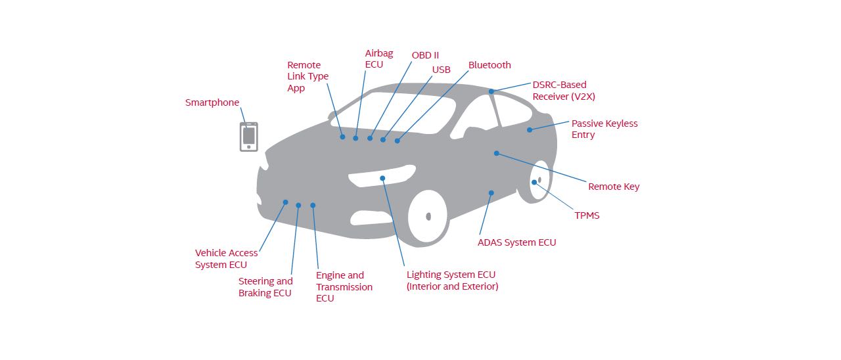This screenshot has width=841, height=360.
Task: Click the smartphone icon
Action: point(248,137)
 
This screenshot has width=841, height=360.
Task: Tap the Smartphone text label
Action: point(212,102)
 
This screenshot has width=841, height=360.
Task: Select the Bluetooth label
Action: point(489,65)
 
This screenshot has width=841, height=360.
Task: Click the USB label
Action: point(442,70)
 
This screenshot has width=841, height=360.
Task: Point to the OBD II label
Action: point(425,55)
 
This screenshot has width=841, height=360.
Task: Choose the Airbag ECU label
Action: point(379,58)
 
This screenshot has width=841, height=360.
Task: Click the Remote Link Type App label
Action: point(307,76)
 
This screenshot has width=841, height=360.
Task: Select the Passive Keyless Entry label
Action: point(604,129)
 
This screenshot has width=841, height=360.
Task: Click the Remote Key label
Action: point(614,187)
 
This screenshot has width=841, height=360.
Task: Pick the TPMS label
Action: point(587,215)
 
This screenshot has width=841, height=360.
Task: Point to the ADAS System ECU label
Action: point(516,242)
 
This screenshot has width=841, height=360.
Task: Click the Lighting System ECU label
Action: point(452,281)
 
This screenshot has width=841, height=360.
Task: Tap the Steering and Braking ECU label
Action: point(265,287)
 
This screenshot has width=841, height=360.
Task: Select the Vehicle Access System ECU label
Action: point(226,259)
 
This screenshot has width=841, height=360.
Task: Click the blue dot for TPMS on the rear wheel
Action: point(534,182)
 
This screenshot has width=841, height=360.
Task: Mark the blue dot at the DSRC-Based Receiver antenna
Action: point(491,91)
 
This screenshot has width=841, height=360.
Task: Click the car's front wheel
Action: point(428,216)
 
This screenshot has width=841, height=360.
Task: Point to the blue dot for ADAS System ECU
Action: point(491,193)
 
